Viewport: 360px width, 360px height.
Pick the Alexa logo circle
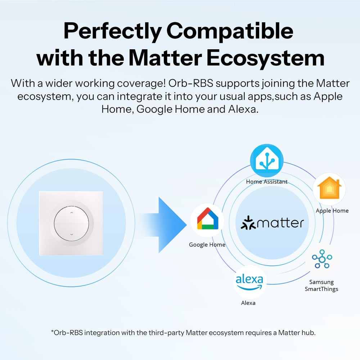250,282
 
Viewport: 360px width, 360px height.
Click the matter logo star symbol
248,223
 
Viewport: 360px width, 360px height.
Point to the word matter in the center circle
281,223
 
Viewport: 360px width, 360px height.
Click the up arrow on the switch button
71,213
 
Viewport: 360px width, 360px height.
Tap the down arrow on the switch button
71,235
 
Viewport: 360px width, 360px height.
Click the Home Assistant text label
267,182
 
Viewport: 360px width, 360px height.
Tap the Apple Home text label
332,211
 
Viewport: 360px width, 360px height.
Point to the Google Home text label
207,245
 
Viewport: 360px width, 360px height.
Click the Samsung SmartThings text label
321,285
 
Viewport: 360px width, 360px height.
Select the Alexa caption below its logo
248,303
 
